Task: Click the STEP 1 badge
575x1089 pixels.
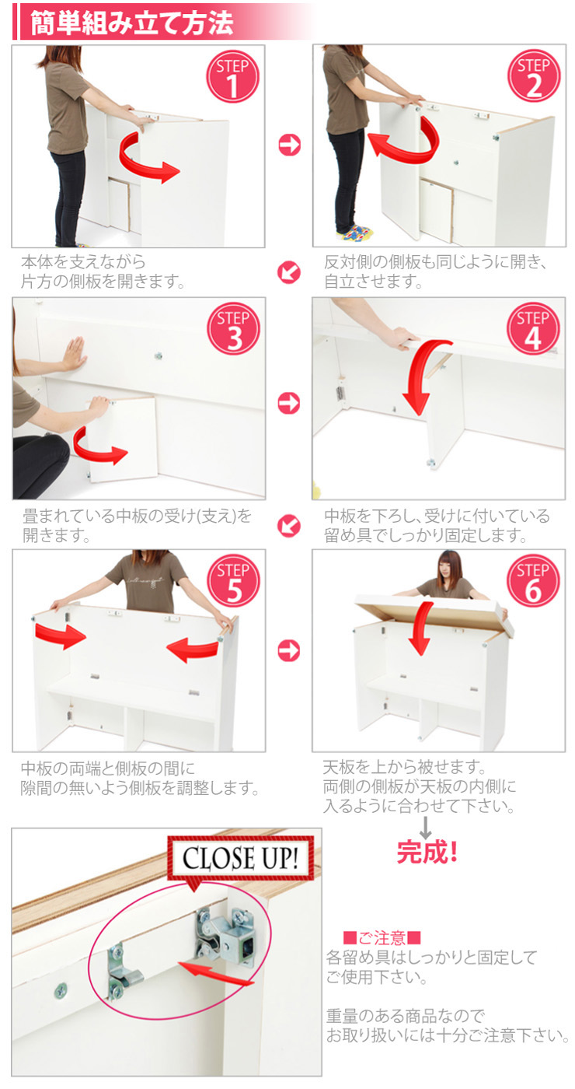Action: [232, 76]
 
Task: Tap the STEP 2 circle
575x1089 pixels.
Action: [534, 76]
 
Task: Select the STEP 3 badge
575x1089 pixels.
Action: [234, 328]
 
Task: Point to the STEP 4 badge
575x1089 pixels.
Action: [533, 328]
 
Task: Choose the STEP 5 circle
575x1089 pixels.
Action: [234, 581]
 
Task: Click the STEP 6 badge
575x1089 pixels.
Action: [533, 581]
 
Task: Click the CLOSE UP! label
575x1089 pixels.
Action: [240, 859]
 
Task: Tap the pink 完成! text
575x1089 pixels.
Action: [427, 852]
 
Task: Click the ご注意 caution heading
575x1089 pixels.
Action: [382, 937]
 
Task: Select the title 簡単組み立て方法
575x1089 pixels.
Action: [131, 23]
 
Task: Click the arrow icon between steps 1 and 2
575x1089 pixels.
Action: [289, 145]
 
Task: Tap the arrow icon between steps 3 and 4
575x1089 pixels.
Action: [289, 403]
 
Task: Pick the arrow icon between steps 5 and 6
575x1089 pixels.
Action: [289, 650]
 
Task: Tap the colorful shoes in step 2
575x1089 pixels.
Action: [356, 232]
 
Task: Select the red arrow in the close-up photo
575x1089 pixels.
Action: [216, 973]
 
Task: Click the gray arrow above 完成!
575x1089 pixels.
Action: [426, 827]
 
